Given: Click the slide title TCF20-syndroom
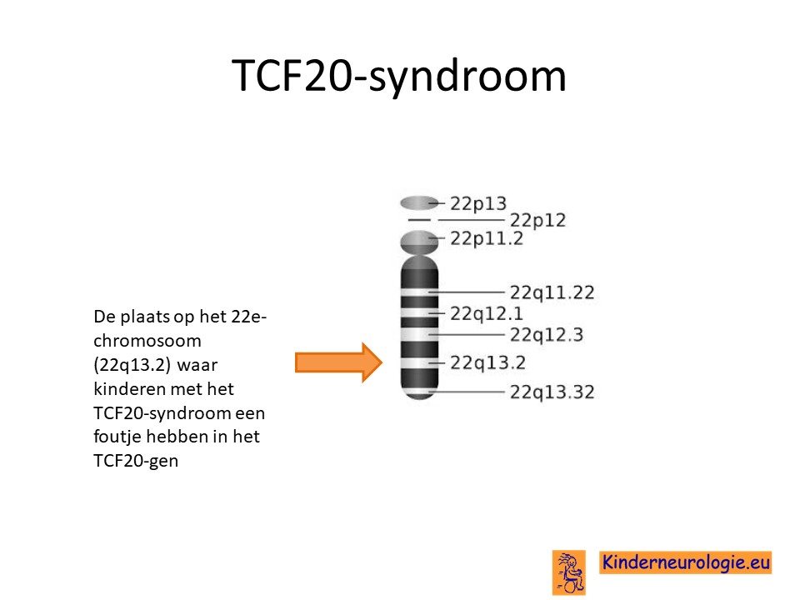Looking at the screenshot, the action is pyautogui.click(x=399, y=77).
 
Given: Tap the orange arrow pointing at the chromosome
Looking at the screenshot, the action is pyautogui.click(x=339, y=362).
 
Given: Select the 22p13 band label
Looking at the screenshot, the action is pyautogui.click(x=478, y=204).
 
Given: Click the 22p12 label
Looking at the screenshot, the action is pyautogui.click(x=538, y=220).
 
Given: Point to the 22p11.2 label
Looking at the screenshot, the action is pyautogui.click(x=487, y=238).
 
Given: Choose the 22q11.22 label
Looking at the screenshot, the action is pyautogui.click(x=552, y=292).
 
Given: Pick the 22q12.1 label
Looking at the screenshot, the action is pyautogui.click(x=486, y=313).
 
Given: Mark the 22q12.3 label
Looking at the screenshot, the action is pyautogui.click(x=547, y=335).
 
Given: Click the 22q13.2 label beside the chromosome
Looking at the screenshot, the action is pyautogui.click(x=487, y=362).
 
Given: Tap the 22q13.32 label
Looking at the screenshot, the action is pyautogui.click(x=552, y=392).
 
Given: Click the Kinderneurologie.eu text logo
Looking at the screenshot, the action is pyautogui.click(x=685, y=562).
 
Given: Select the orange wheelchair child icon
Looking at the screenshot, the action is pyautogui.click(x=569, y=572).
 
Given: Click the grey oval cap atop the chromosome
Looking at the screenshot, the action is pyautogui.click(x=419, y=203).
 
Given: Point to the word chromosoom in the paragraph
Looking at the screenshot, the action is pyautogui.click(x=147, y=341).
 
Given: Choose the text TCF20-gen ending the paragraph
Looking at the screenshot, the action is pyautogui.click(x=136, y=461).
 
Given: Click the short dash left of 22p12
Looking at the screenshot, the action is pyautogui.click(x=419, y=220).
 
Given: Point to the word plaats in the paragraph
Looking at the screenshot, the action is pyautogui.click(x=145, y=317).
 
